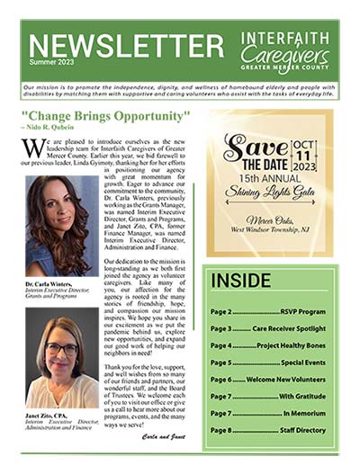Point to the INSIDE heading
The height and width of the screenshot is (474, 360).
click(x=241, y=280)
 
